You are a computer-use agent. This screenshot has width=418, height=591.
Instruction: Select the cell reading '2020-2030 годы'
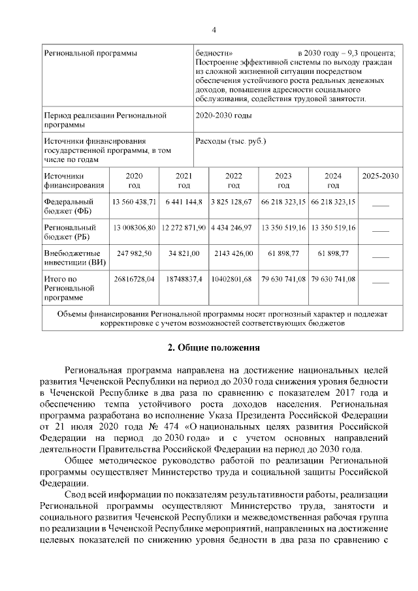pyautogui.click(x=223, y=116)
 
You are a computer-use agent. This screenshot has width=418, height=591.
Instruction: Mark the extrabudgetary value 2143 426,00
pyautogui.click(x=233, y=253)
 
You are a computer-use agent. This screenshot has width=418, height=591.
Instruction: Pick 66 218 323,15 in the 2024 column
pyautogui.click(x=333, y=202)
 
